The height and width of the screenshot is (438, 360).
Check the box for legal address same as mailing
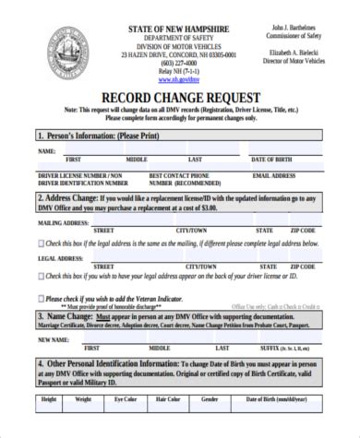pos(40,243)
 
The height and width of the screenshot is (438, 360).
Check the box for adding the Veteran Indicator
pos(40,298)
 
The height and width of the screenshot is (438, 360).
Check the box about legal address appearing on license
pos(40,274)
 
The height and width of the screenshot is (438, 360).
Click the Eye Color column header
pos(125,400)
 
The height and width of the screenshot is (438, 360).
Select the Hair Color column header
pos(167,400)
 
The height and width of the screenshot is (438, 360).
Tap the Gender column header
pos(210,400)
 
